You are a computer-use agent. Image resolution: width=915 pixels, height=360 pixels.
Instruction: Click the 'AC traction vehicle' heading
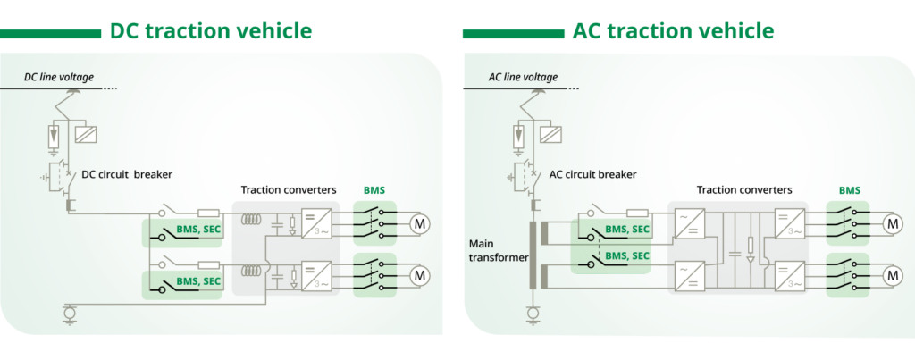[x=672, y=31]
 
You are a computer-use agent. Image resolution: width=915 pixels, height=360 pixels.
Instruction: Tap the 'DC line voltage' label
[x=58, y=78]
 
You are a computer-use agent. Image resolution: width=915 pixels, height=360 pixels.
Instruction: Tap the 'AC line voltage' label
[x=523, y=78]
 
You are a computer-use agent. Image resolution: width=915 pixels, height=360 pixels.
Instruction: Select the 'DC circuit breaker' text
[x=129, y=174]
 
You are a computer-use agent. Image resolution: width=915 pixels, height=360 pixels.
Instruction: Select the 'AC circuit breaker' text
[x=592, y=174]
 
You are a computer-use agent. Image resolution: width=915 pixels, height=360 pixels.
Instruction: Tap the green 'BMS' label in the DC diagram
[x=374, y=190]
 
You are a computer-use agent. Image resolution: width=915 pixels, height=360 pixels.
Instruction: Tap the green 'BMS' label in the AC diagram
[x=849, y=190]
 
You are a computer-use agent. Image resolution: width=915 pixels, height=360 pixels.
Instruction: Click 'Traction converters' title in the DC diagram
[x=289, y=190]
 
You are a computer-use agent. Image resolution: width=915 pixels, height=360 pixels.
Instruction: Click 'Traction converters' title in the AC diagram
[x=743, y=190]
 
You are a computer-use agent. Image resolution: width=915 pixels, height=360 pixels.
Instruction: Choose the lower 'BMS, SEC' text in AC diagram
[x=626, y=256]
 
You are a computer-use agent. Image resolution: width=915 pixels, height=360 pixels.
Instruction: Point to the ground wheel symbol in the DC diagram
[x=69, y=312]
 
